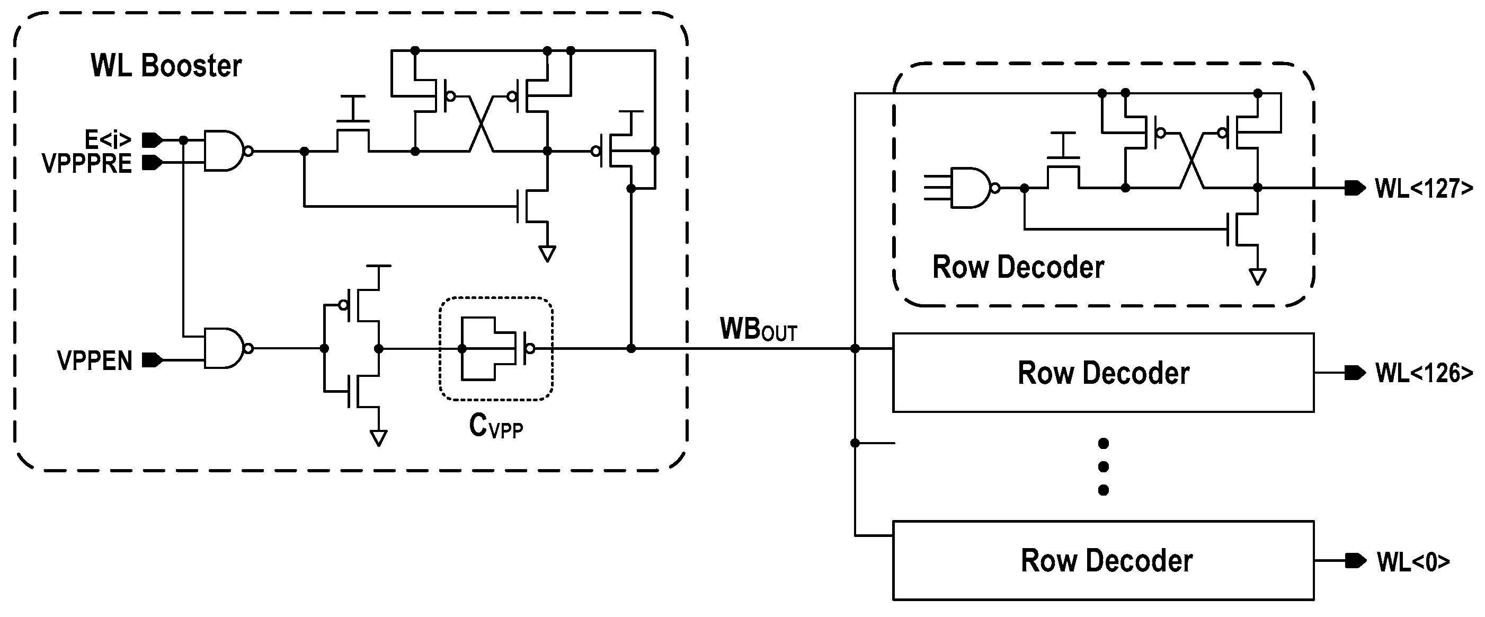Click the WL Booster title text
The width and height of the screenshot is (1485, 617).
[166, 66]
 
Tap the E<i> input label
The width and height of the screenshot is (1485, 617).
[108, 139]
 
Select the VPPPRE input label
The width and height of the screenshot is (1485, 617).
[87, 164]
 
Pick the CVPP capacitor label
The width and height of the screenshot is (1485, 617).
[496, 427]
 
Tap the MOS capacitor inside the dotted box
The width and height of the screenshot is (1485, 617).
[496, 348]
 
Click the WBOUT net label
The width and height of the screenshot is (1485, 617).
[758, 330]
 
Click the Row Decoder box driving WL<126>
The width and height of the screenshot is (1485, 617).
[1103, 373]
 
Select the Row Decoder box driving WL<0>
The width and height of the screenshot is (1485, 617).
[1103, 560]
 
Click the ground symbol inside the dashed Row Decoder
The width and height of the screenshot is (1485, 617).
[1257, 277]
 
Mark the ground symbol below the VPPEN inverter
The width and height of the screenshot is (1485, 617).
[378, 438]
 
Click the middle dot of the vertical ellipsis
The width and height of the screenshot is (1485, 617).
[1104, 466]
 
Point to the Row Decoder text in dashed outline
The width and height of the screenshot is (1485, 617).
[1018, 267]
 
